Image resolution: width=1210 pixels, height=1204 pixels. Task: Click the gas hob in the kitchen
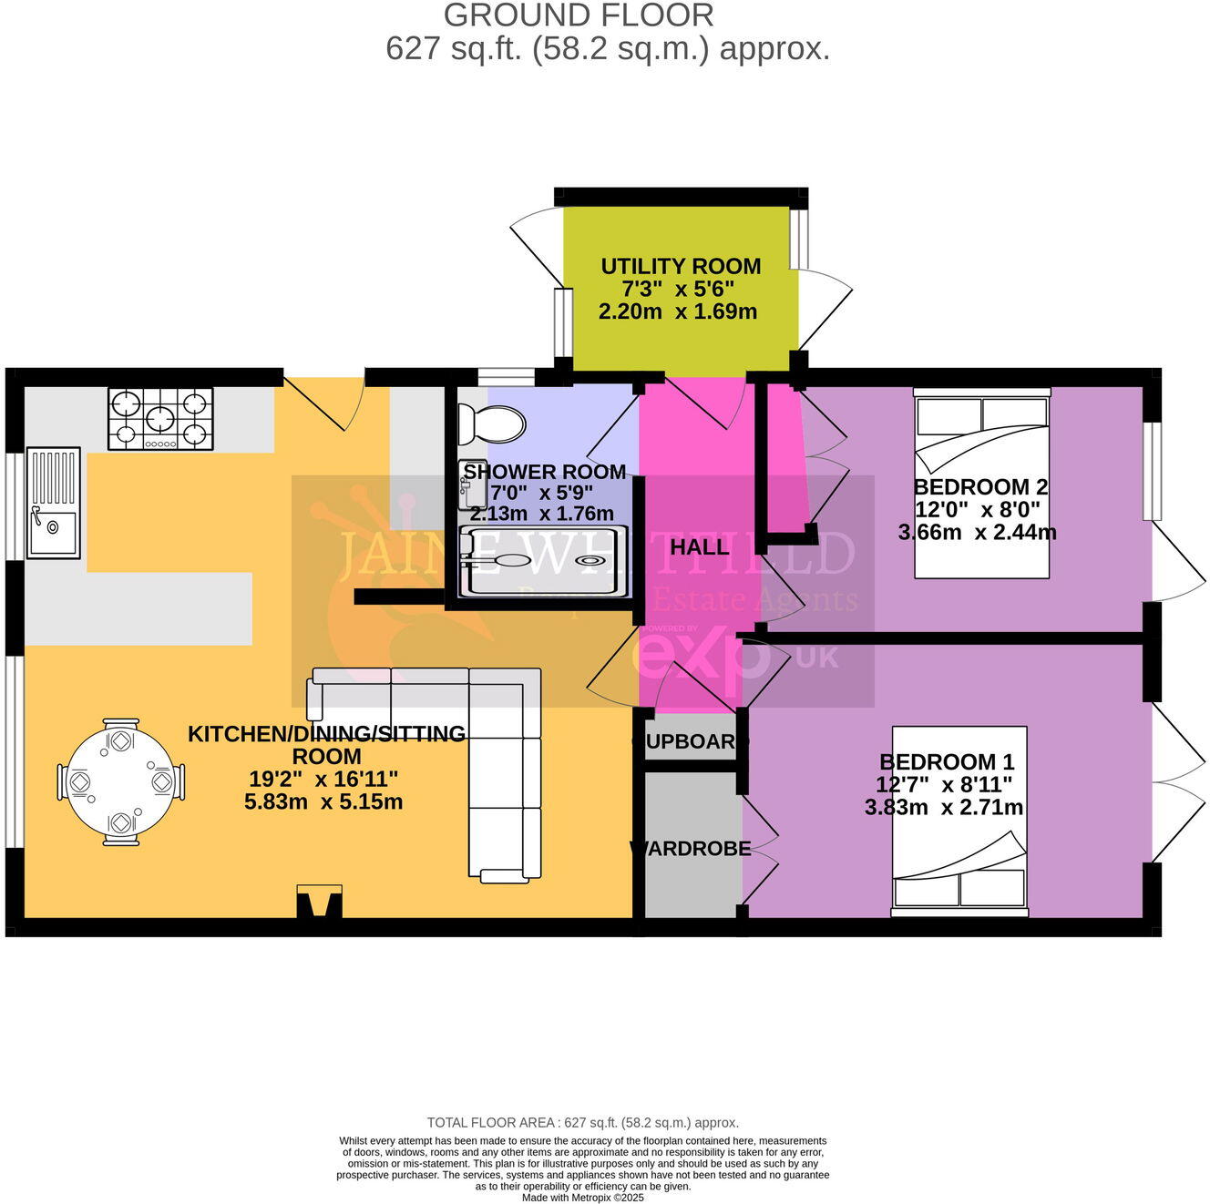(x=160, y=419)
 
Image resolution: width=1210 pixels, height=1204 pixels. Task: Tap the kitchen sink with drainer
(x=54, y=503)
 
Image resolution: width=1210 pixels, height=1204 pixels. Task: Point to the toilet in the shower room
(x=493, y=423)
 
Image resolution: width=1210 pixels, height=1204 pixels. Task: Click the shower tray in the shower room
(x=544, y=561)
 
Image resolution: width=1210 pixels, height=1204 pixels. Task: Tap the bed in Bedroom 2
(x=982, y=483)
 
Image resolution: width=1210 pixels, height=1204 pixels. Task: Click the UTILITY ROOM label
(x=681, y=266)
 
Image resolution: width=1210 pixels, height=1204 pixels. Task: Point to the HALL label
(x=699, y=547)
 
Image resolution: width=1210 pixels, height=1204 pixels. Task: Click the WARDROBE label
(x=691, y=849)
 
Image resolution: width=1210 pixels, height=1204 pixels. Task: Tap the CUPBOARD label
(x=691, y=741)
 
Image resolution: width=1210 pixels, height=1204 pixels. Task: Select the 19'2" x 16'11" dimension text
(x=323, y=779)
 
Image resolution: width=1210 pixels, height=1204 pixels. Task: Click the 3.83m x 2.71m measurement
(x=943, y=807)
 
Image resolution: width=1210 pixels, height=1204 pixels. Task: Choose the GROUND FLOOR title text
(x=579, y=15)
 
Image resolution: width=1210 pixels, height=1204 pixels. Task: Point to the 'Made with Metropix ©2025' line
(x=583, y=1198)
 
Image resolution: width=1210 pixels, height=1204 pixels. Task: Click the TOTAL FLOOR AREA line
(x=583, y=1123)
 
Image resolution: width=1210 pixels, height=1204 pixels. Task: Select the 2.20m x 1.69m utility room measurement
(x=678, y=311)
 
